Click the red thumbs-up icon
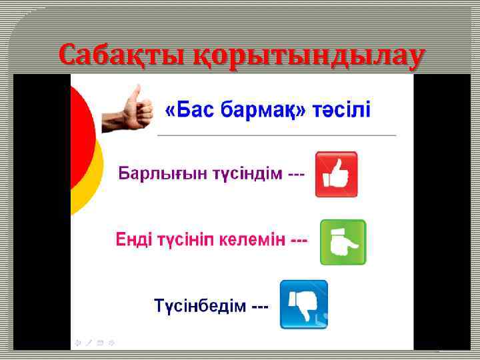point(336,174)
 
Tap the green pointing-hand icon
point(343,242)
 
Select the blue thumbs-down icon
point(303,304)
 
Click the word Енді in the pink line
point(132,239)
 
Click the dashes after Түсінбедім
point(259,307)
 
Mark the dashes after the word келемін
point(299,239)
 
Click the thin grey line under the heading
point(277,135)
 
